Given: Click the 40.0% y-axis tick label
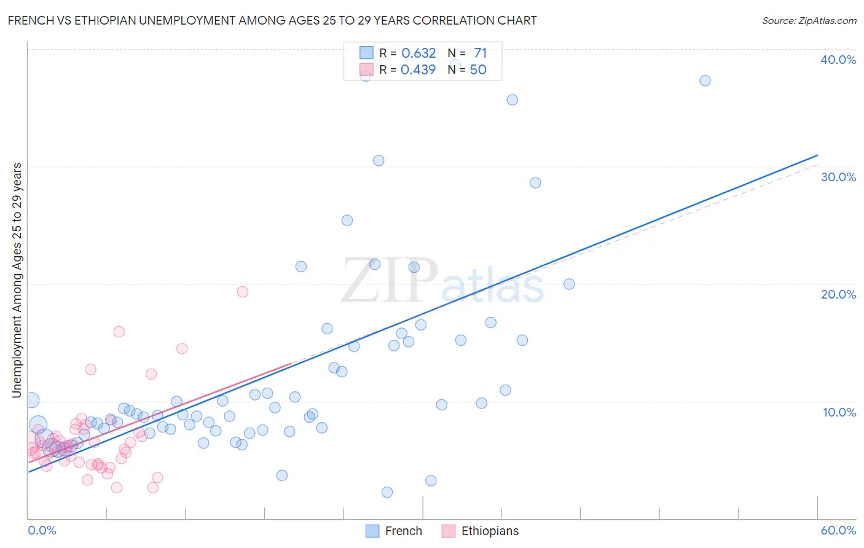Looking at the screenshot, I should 838,60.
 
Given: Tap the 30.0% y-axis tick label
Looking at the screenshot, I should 838,177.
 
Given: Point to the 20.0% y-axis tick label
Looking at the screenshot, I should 838,294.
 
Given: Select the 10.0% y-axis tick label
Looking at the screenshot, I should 839,412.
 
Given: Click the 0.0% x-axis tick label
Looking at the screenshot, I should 42,530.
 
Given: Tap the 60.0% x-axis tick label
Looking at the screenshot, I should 838,530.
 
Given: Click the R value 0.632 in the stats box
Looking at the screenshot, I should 418,53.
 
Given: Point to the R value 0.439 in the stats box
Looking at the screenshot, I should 418,70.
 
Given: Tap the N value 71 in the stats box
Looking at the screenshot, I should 480,53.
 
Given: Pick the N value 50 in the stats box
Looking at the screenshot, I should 478,70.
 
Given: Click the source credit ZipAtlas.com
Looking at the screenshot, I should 809,20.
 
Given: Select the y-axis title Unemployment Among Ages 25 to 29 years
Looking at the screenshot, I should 17,280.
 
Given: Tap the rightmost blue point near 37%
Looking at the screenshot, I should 705,80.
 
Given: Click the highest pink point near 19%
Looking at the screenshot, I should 243,292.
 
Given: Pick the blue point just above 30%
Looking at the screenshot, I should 379,160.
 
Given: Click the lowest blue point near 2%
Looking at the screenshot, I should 387,492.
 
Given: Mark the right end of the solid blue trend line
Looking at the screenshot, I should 817,155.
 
